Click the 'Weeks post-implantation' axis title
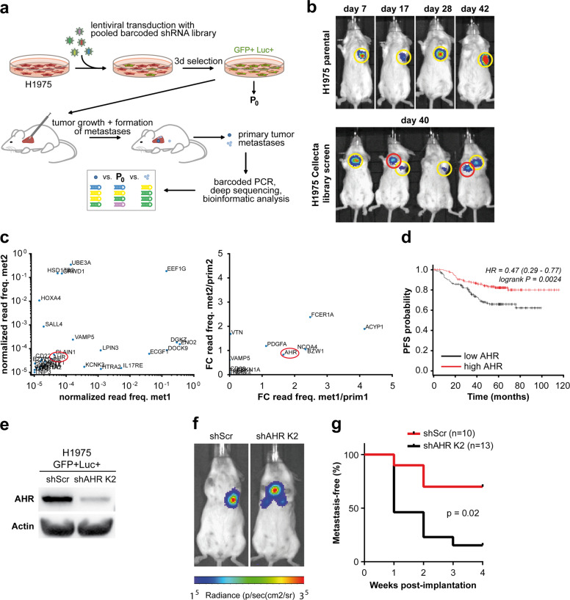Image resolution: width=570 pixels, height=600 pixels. coord(468,588)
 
